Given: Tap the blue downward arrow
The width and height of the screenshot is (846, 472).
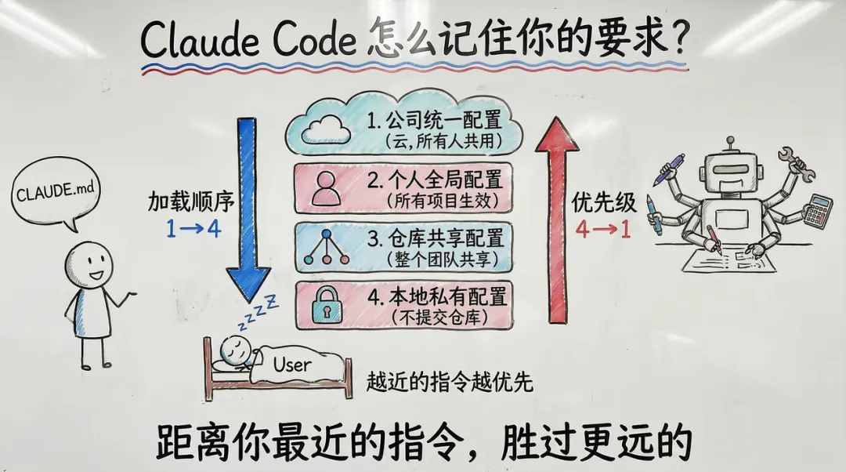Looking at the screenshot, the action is [x=248, y=212].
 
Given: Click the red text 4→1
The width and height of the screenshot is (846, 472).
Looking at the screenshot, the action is [x=603, y=230].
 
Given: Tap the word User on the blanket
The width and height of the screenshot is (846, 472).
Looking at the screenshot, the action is [x=291, y=364].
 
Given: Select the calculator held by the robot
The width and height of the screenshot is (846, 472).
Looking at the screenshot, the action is [x=818, y=210].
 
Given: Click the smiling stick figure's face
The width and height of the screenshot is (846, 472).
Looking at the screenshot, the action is [x=88, y=264].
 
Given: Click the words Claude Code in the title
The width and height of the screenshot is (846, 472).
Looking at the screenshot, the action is [x=248, y=39].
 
